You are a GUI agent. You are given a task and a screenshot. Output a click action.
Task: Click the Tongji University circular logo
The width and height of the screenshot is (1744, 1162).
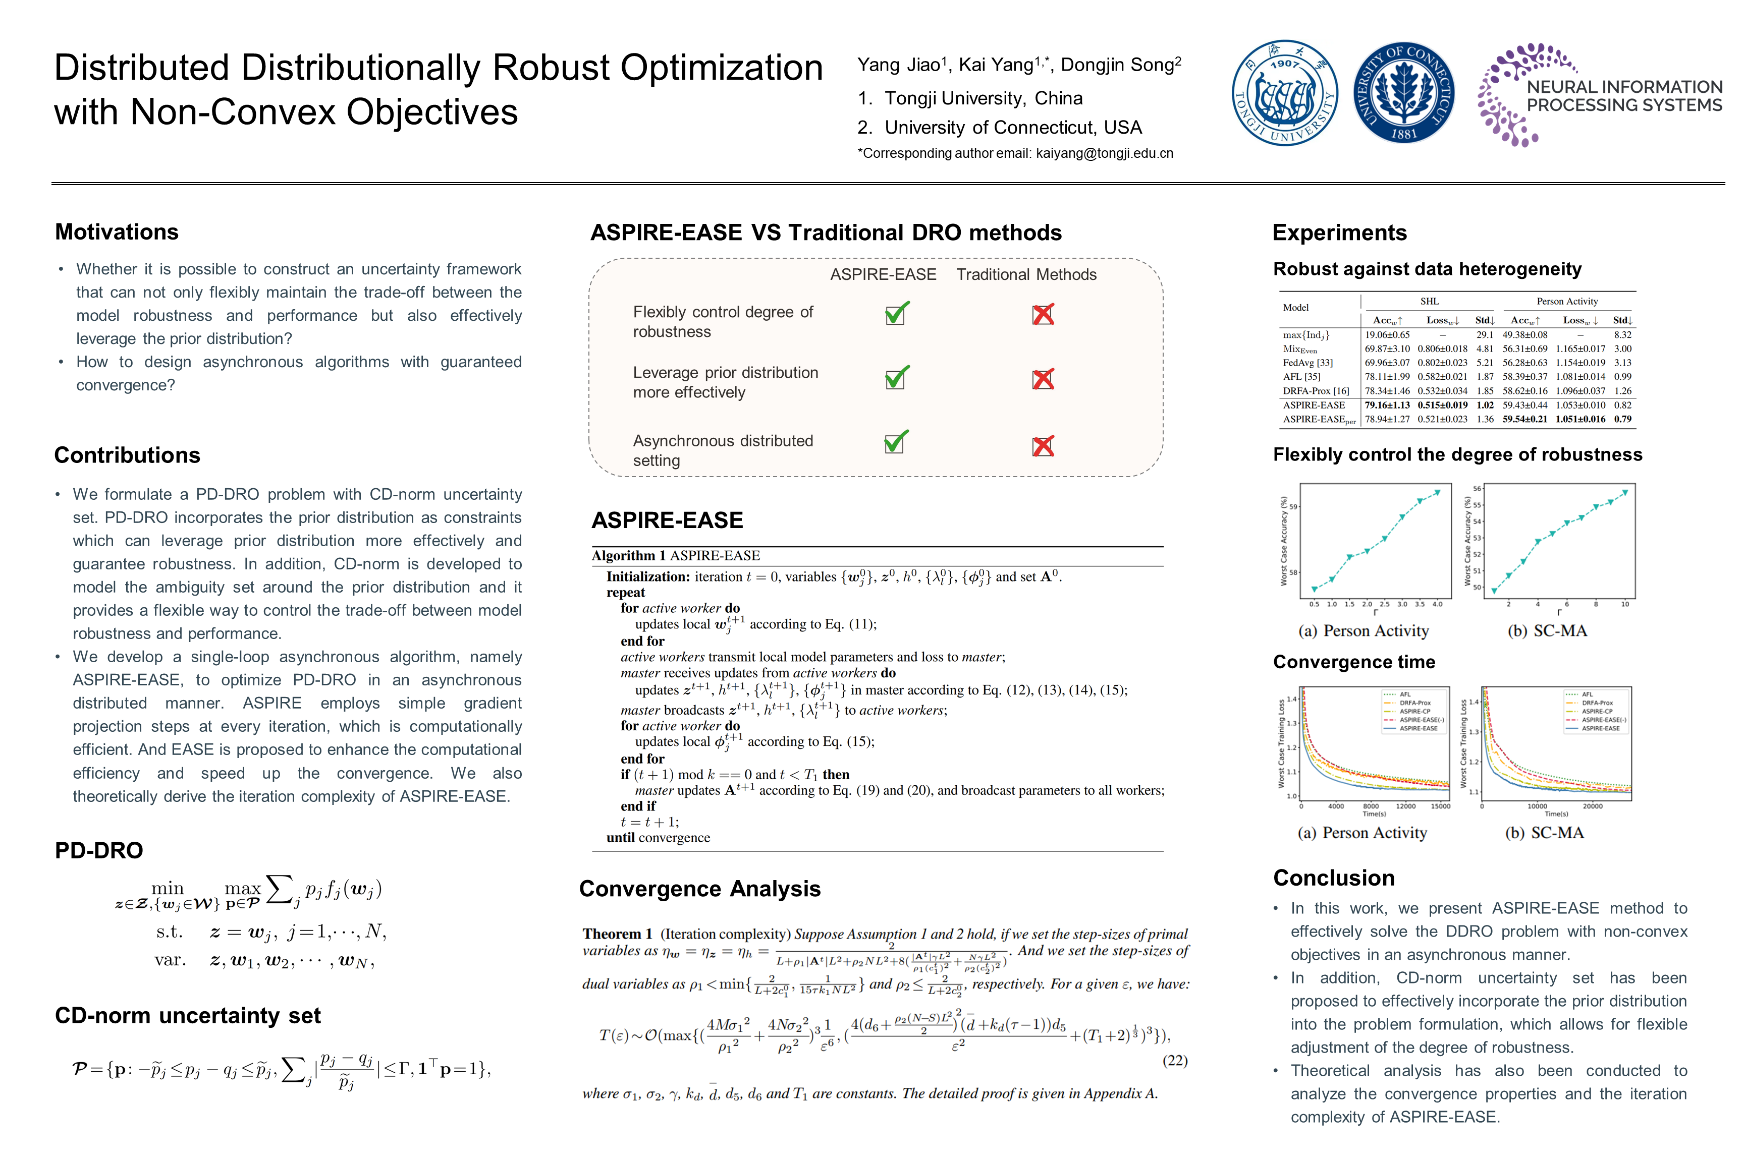tap(1284, 93)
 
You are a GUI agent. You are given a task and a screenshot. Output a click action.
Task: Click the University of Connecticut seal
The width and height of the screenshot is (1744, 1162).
tap(1404, 93)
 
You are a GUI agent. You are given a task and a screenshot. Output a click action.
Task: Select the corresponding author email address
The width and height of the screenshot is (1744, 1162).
tap(1104, 153)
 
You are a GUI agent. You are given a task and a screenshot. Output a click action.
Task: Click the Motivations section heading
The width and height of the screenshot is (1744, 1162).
tap(117, 232)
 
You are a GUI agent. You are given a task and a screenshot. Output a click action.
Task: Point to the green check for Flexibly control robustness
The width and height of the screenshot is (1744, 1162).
tap(896, 314)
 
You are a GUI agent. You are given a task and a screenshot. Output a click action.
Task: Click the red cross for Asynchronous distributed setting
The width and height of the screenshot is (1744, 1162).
tap(1043, 446)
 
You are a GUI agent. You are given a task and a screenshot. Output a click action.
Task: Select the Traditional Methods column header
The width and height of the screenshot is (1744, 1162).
tap(1026, 275)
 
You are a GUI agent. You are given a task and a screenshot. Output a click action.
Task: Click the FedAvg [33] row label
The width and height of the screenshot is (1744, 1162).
tap(1308, 363)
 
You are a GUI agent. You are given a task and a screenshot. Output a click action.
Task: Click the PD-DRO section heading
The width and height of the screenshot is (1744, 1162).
tap(98, 850)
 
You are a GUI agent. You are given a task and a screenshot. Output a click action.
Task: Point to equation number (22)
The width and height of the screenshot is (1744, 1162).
tap(1175, 1061)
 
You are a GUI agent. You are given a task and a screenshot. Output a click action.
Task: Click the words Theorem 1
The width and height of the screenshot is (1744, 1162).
tap(617, 934)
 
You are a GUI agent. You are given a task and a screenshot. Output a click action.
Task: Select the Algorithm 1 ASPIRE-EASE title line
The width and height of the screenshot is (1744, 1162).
tap(676, 556)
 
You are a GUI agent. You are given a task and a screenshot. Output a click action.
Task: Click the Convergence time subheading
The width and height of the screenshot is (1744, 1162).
tap(1353, 662)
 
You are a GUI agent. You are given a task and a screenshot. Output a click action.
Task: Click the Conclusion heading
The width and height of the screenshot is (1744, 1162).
tap(1333, 878)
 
